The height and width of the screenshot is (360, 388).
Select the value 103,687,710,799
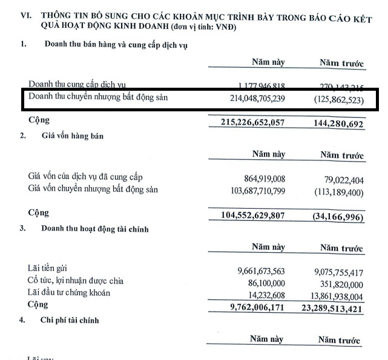point(249,190)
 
